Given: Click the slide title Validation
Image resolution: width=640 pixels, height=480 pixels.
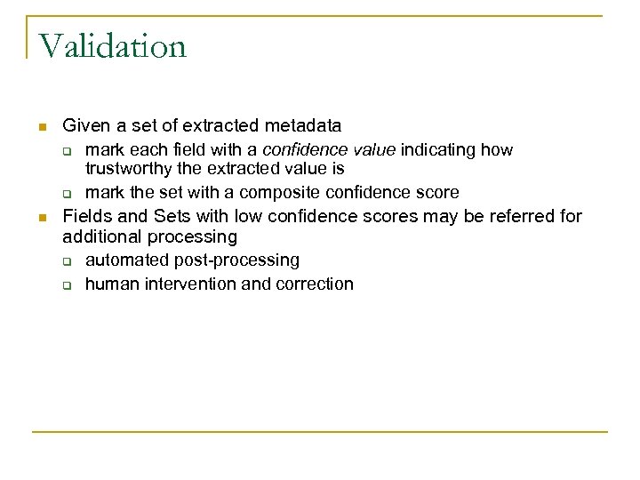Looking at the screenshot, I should pos(112,44).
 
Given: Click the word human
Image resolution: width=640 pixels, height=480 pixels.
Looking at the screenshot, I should pos(109,284).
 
